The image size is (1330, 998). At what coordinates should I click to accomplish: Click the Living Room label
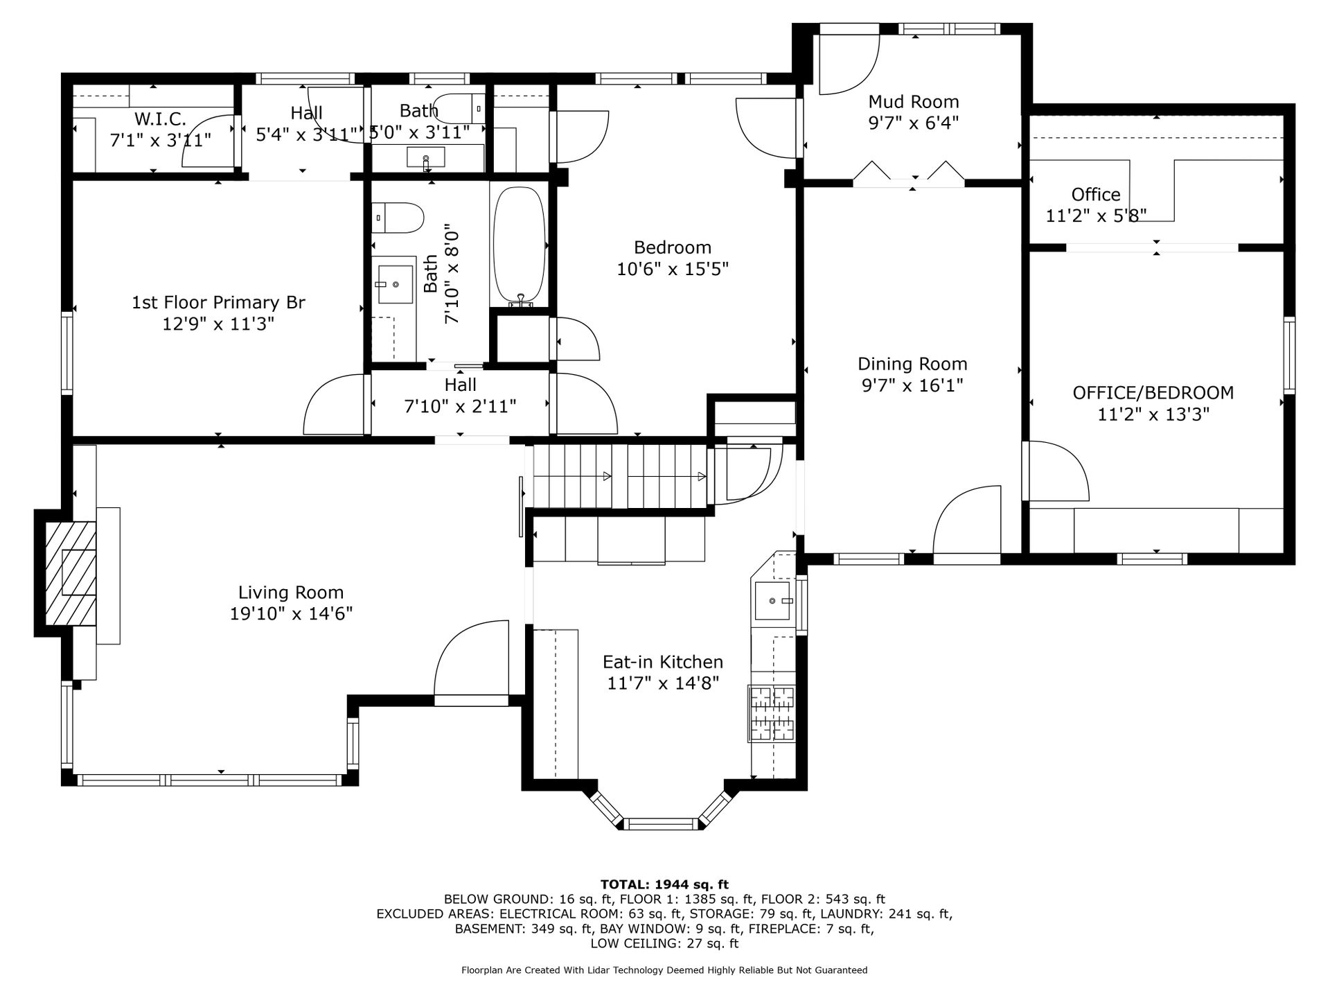291,593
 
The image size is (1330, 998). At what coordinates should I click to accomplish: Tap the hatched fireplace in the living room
71,573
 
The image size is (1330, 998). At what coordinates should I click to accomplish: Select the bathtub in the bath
519,245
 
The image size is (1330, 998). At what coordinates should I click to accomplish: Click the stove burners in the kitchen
771,714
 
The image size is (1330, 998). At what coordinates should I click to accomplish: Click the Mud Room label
914,102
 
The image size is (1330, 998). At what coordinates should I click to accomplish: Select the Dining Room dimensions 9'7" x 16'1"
912,385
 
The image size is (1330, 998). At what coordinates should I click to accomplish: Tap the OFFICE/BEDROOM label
1153,393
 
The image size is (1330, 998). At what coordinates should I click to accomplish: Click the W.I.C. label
160,119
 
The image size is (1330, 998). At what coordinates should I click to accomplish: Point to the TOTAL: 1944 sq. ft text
664,884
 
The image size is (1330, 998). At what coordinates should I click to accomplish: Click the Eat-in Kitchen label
663,662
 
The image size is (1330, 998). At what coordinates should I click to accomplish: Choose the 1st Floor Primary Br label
218,302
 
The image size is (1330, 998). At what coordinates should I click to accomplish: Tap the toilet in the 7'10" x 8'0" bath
397,218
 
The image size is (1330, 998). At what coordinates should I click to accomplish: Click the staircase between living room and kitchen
620,476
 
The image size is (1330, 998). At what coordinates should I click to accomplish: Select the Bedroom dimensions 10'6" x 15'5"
673,268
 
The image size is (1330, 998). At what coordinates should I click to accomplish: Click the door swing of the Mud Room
849,64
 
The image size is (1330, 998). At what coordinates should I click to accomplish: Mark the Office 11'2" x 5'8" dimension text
1096,216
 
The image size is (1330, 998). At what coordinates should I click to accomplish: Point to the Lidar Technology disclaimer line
664,970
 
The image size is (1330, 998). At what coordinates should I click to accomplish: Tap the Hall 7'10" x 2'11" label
461,395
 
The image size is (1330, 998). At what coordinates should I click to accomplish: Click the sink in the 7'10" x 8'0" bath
395,283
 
